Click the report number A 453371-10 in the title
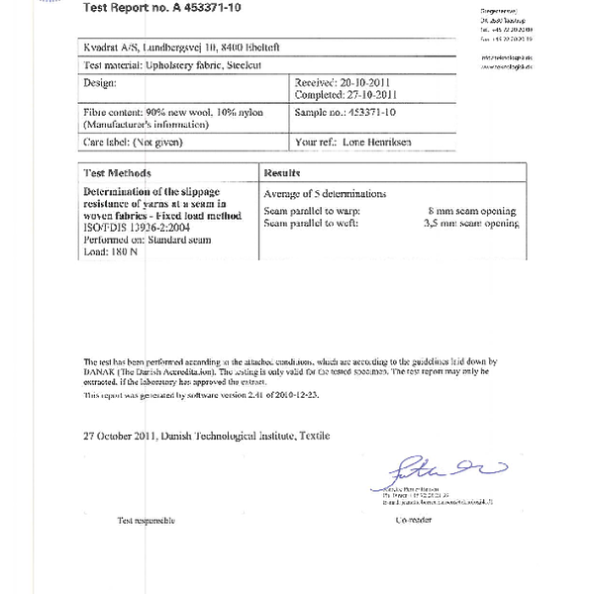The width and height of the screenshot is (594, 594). pyautogui.click(x=202, y=8)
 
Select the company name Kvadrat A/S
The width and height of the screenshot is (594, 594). pyautogui.click(x=112, y=48)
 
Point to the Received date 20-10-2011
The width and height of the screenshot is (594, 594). pyautogui.click(x=359, y=83)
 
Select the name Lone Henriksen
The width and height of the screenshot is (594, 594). pyautogui.click(x=384, y=143)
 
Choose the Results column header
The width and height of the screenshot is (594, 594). pyautogui.click(x=283, y=171)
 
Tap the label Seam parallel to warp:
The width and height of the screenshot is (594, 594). pyautogui.click(x=312, y=212)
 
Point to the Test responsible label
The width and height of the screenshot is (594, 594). pyautogui.click(x=148, y=520)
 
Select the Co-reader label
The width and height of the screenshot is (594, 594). pyautogui.click(x=415, y=520)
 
